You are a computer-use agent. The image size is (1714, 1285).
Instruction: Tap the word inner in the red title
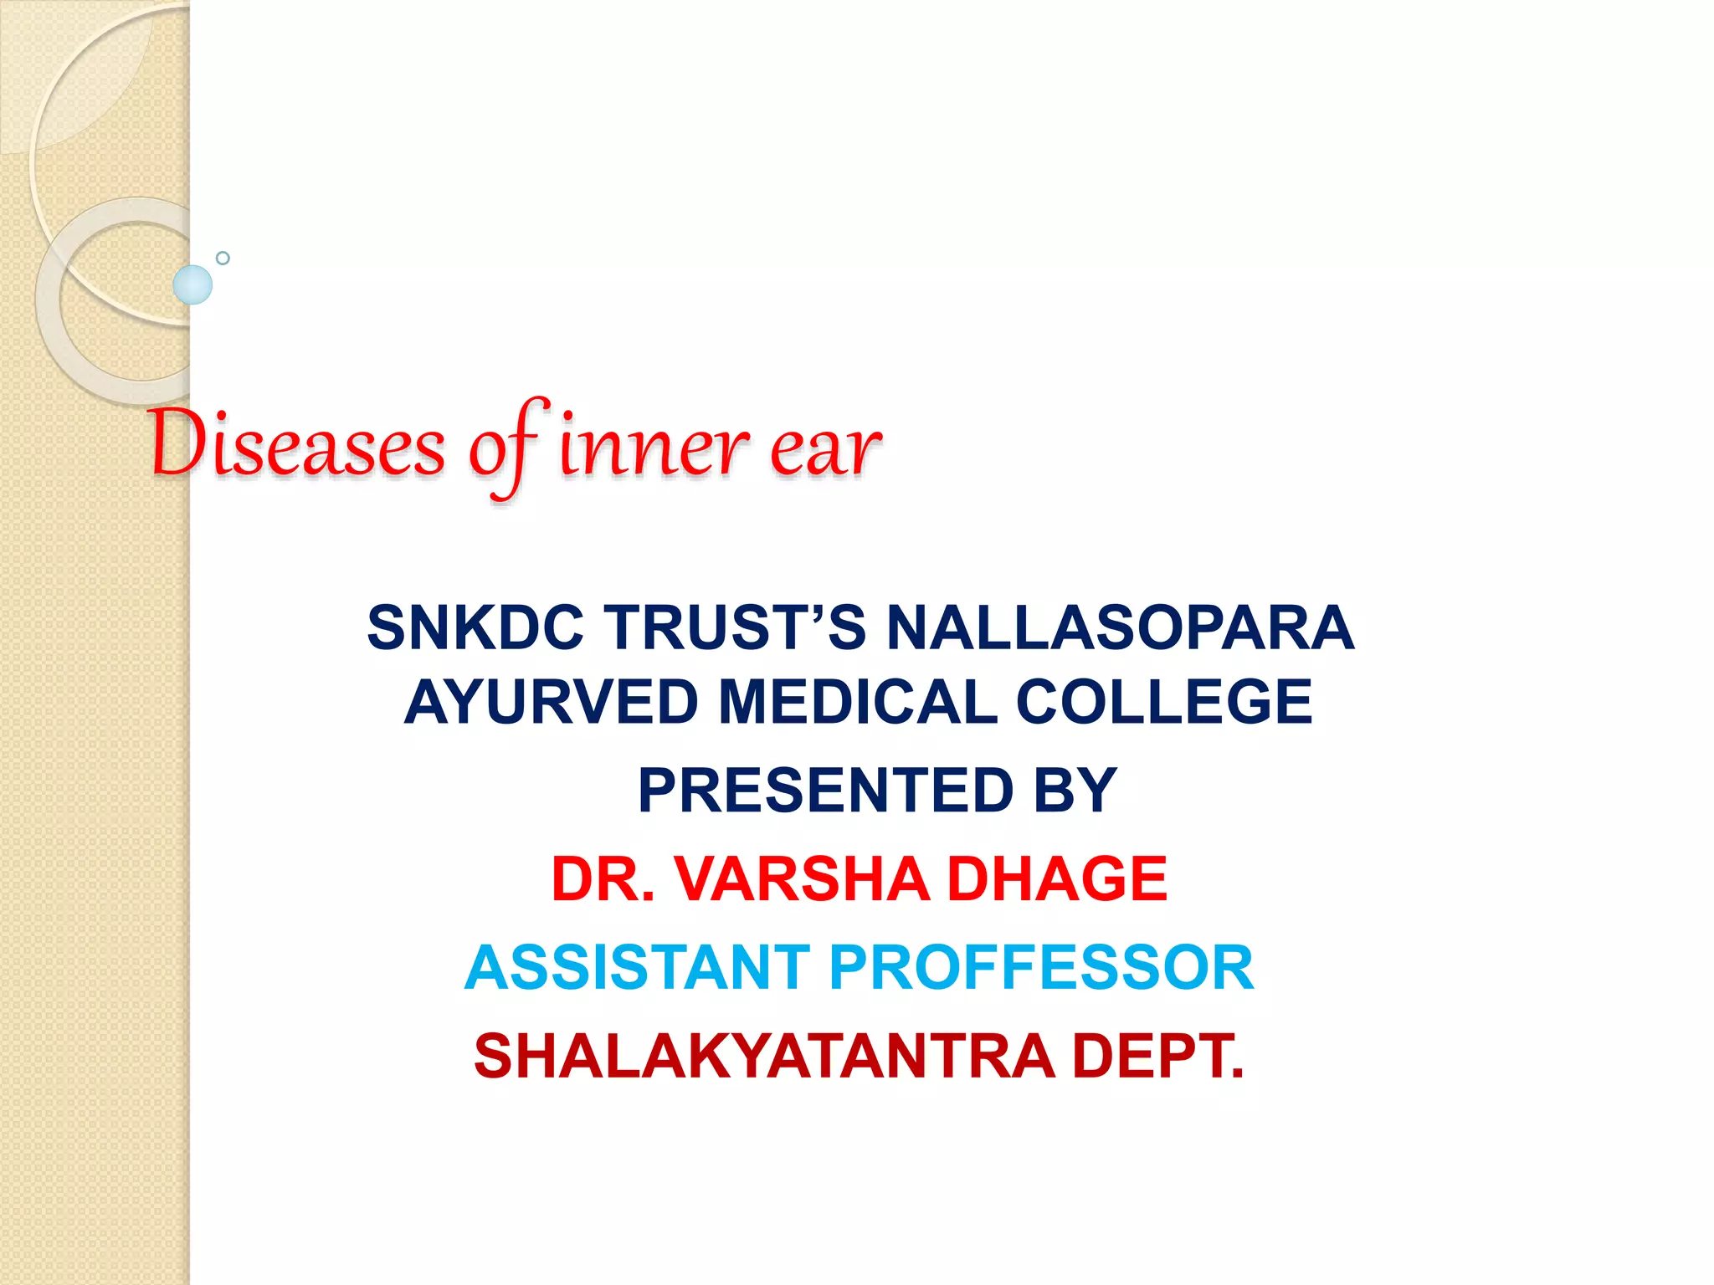(x=654, y=447)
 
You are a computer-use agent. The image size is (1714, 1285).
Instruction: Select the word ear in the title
(x=825, y=448)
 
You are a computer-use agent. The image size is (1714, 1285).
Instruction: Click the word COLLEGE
(x=1163, y=702)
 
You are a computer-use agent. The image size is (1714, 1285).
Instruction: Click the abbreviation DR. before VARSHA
(x=603, y=879)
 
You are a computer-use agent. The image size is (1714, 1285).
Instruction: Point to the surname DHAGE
(x=1057, y=879)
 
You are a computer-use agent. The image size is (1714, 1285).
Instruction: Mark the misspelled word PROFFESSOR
(x=1041, y=968)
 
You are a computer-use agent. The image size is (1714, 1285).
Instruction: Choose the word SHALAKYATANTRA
(x=764, y=1057)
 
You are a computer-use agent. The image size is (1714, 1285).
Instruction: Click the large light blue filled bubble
(x=192, y=284)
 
